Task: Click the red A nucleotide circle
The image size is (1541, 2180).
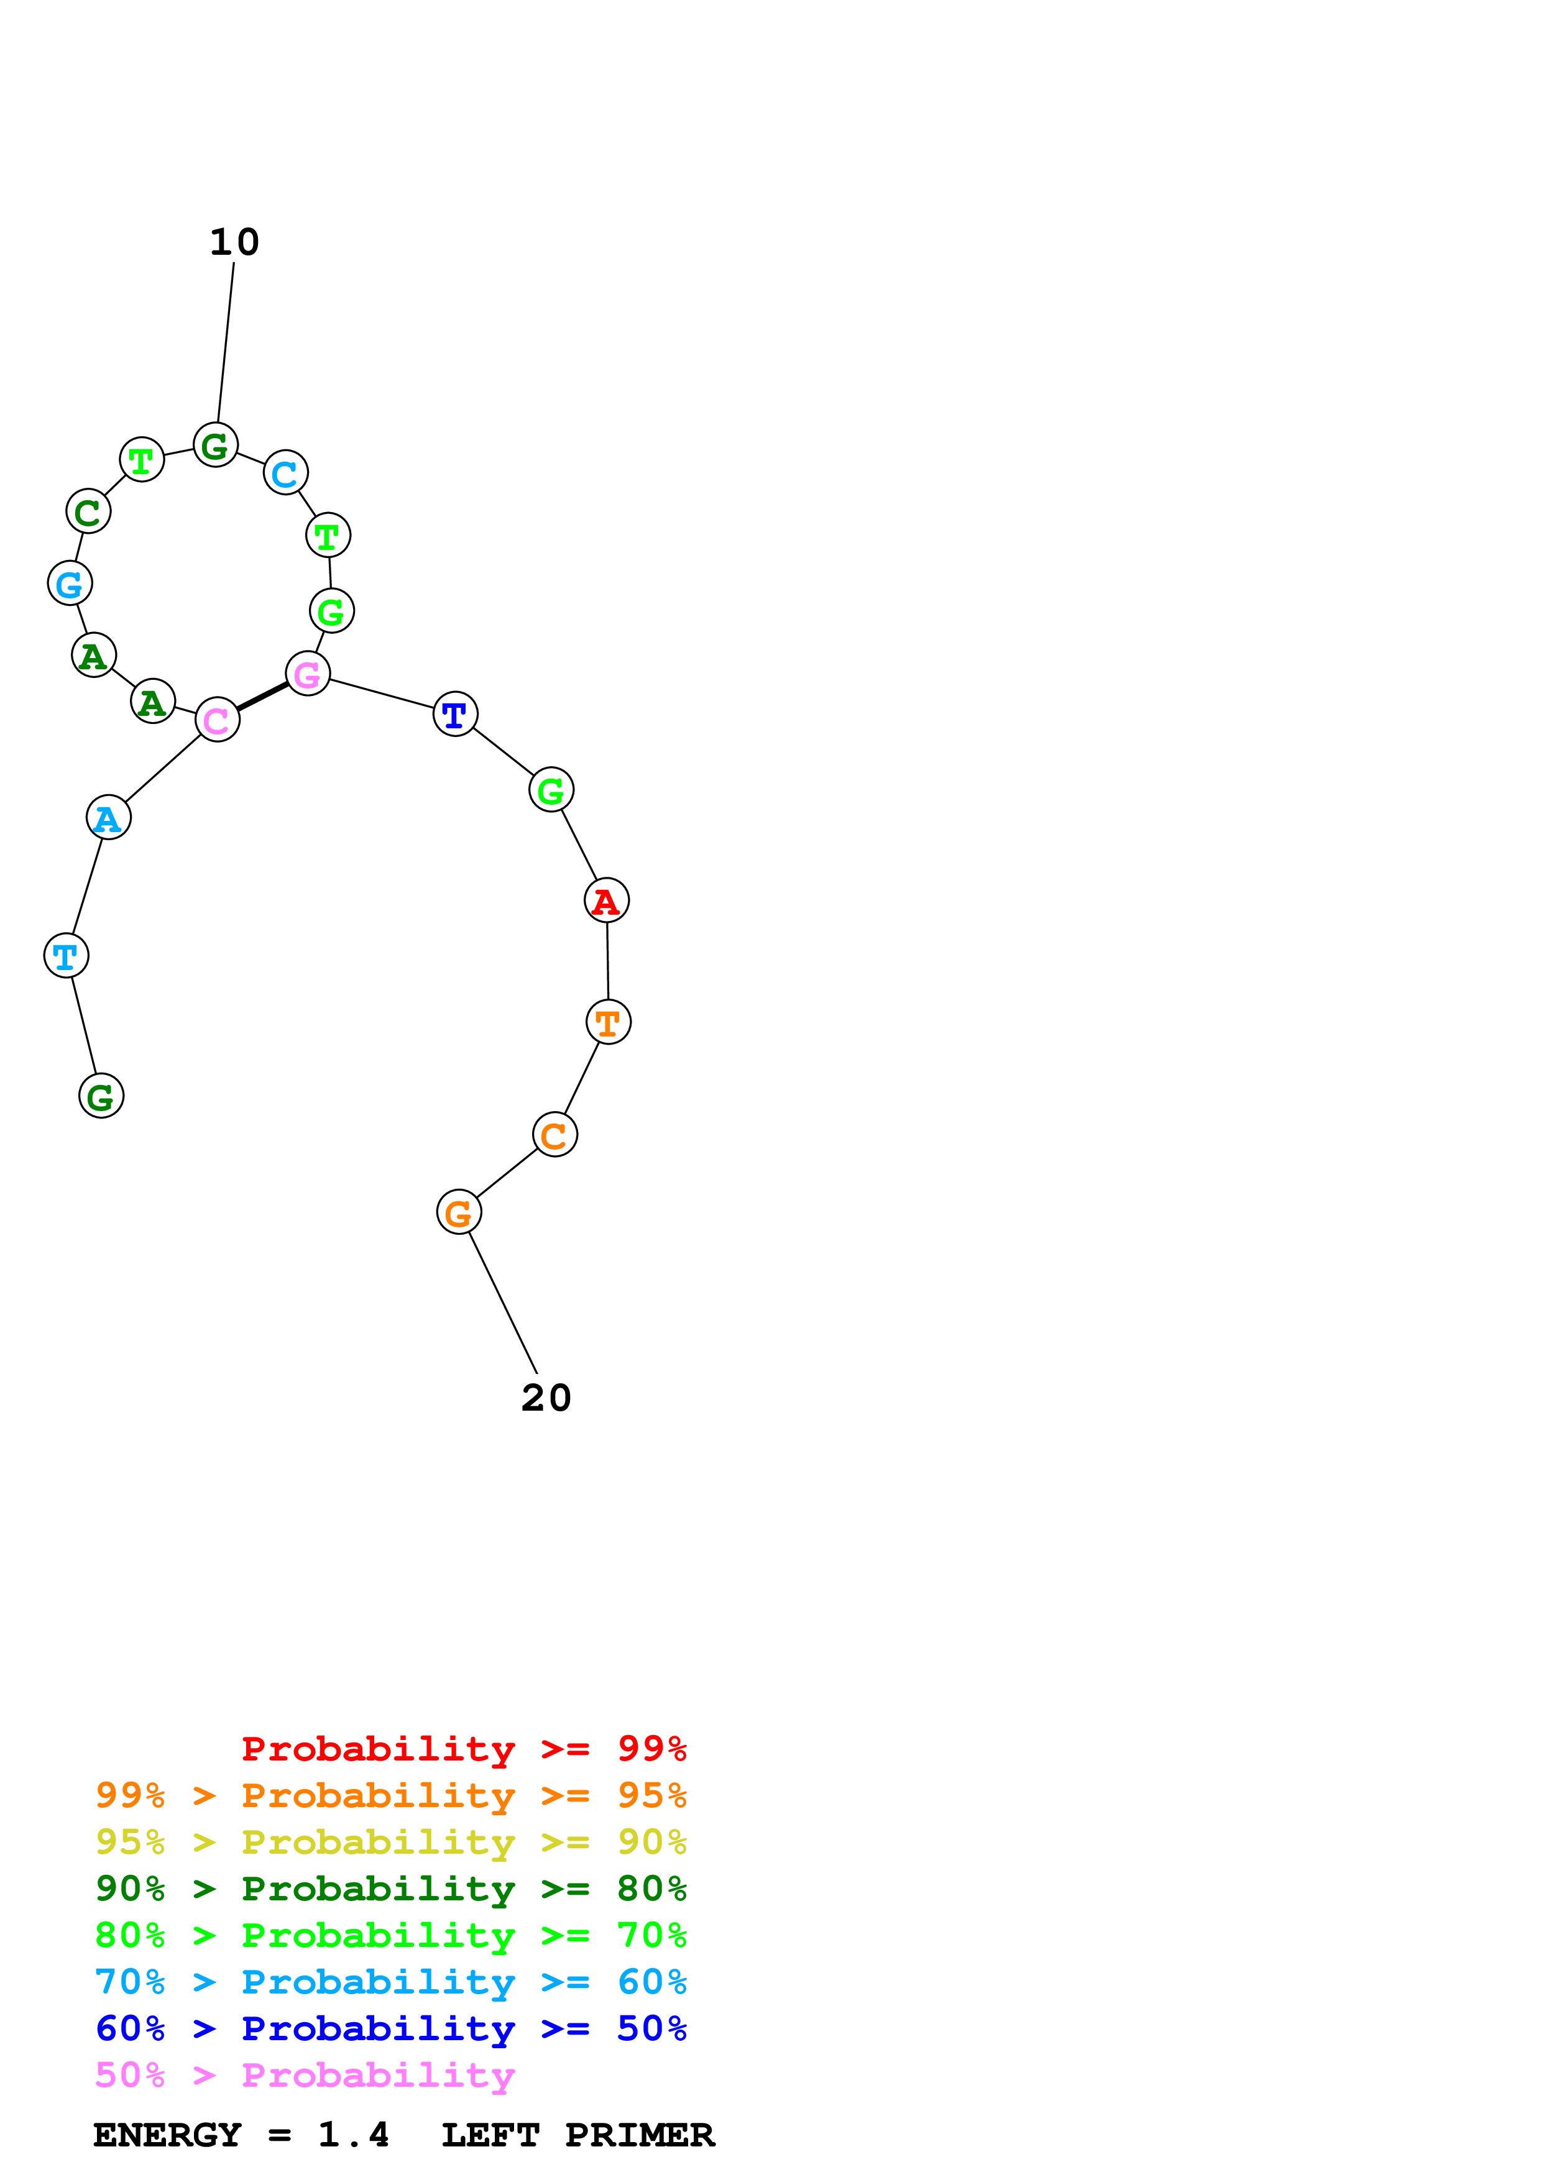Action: click(x=607, y=900)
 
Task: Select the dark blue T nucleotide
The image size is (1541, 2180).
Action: click(x=456, y=714)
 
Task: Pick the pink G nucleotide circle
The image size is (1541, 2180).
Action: click(x=308, y=674)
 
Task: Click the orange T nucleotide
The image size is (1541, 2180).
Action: click(x=609, y=1022)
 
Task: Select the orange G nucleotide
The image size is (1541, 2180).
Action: click(x=459, y=1212)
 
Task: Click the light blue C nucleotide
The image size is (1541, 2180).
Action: click(x=286, y=473)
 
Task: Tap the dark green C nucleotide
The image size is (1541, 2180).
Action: click(x=88, y=512)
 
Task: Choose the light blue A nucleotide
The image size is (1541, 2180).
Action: click(x=108, y=818)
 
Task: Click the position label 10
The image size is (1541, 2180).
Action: click(x=234, y=242)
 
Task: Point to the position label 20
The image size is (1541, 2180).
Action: click(x=546, y=1398)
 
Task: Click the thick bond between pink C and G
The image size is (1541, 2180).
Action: click(x=263, y=697)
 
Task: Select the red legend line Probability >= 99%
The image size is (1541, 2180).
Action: click(x=463, y=1749)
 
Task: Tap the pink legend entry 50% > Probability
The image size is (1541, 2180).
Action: click(x=305, y=2076)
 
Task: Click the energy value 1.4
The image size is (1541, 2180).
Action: click(x=353, y=2135)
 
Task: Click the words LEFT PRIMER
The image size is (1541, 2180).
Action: click(x=577, y=2135)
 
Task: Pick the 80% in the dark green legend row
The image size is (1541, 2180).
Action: click(x=651, y=1889)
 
